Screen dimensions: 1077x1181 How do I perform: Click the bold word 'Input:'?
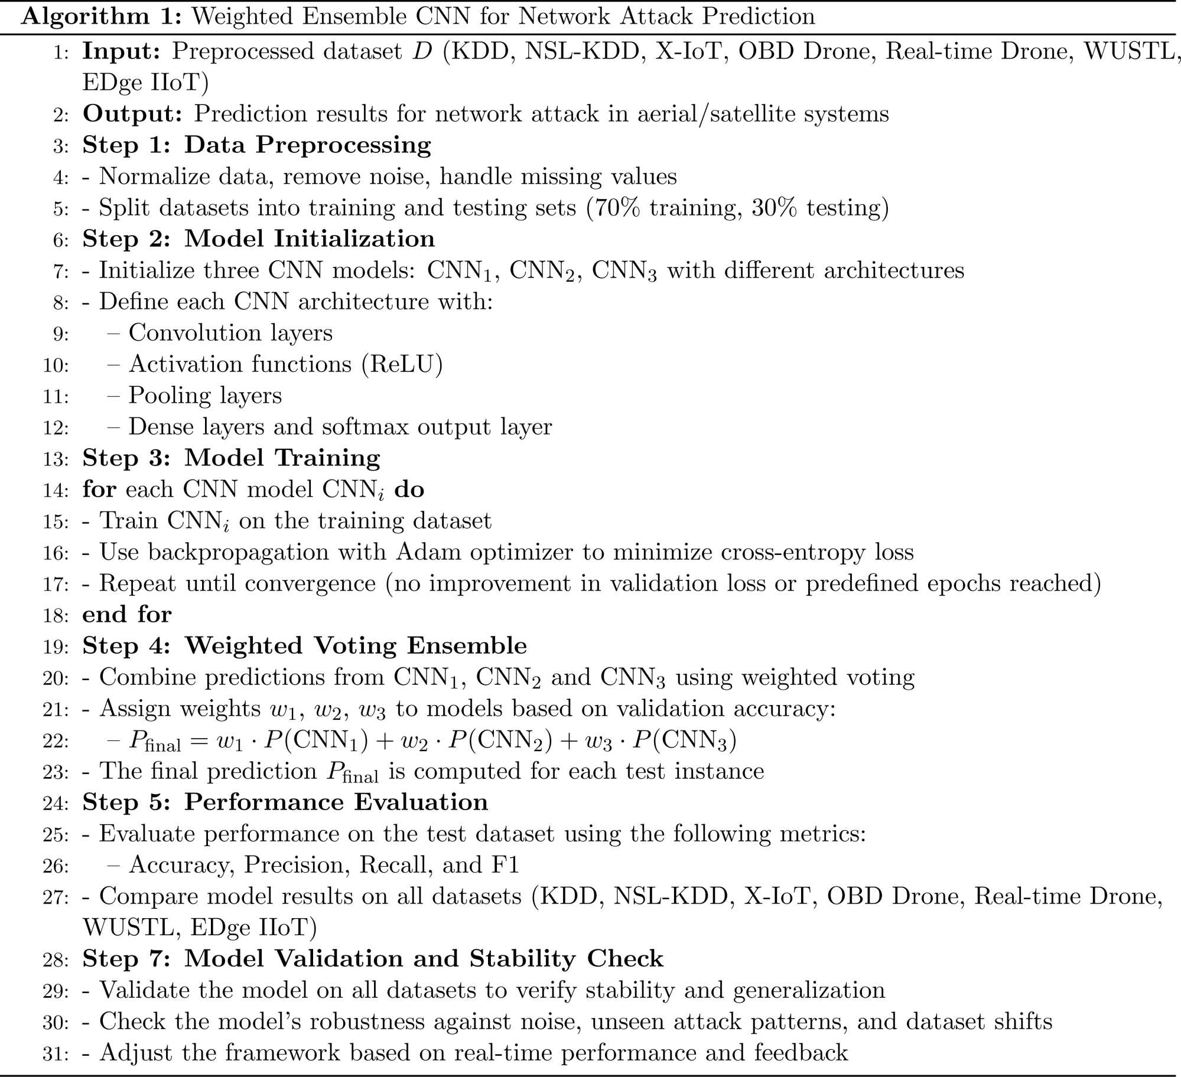[x=121, y=52]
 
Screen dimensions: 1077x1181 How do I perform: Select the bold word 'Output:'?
[x=132, y=114]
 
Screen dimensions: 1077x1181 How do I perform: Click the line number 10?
[x=55, y=365]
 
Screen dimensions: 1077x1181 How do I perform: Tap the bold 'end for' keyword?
[x=126, y=615]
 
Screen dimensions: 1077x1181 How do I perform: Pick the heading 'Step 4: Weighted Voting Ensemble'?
[x=304, y=646]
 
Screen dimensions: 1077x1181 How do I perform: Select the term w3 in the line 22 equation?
[x=598, y=741]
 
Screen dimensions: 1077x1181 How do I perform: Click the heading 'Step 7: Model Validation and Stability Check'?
[x=373, y=959]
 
